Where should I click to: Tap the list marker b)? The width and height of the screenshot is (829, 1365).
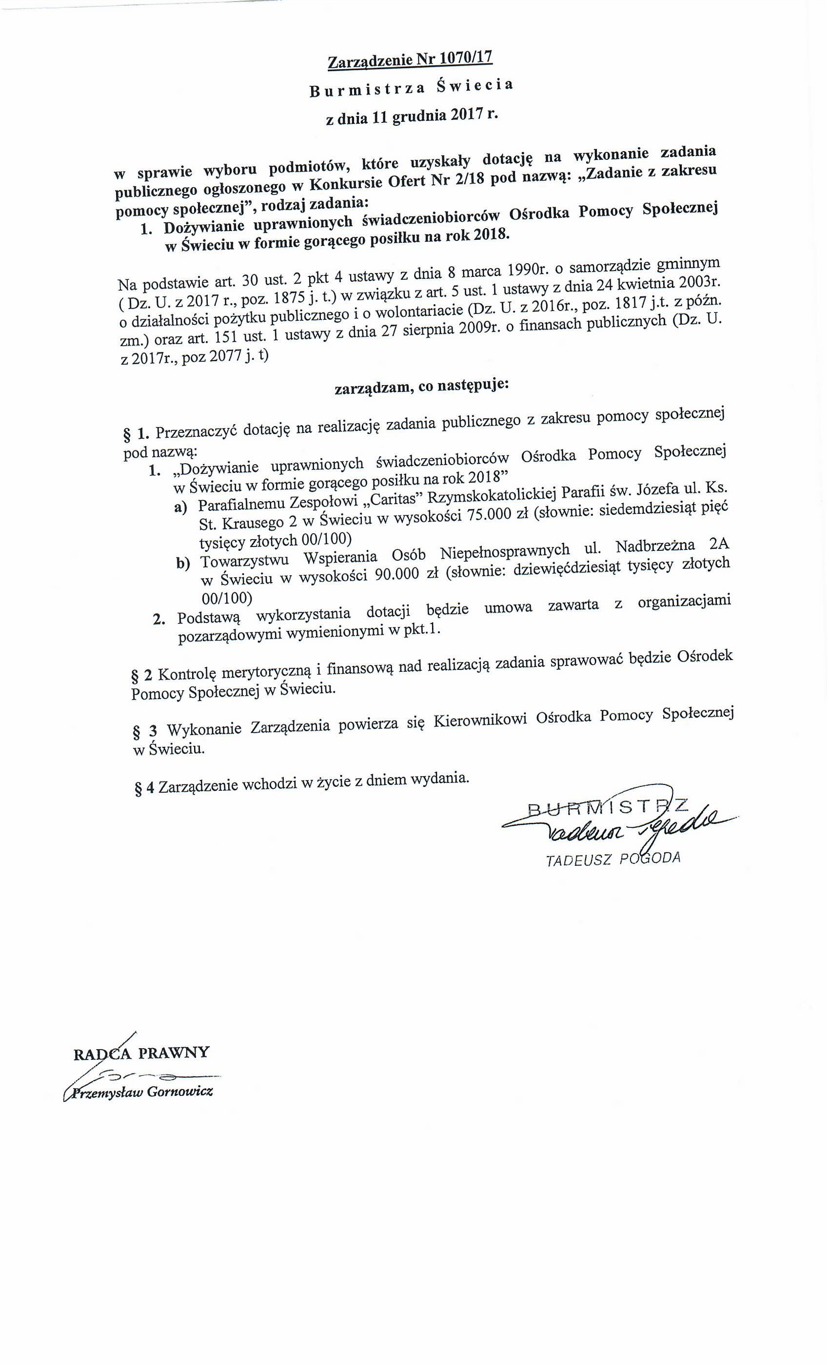pyautogui.click(x=183, y=564)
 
